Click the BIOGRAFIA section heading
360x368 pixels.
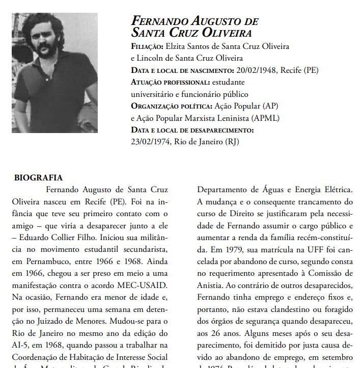pos(38,178)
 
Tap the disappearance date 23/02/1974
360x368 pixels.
pos(151,141)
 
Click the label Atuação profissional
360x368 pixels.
pos(170,82)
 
